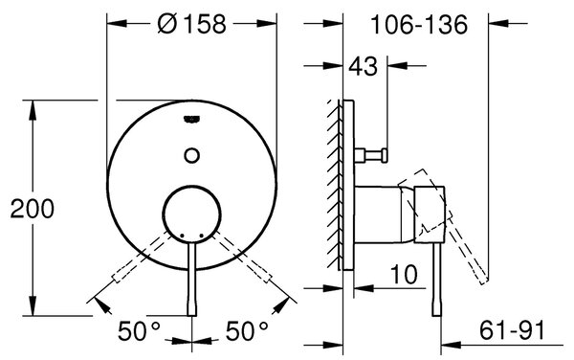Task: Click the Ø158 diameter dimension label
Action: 191,24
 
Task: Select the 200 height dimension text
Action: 33,209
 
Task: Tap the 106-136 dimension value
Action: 419,25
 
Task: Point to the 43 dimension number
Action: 363,67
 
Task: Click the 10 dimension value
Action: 404,274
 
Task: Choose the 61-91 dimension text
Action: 512,330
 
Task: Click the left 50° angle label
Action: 139,330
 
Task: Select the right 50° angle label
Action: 247,330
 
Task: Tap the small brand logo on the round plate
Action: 192,119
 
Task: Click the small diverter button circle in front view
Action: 192,155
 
